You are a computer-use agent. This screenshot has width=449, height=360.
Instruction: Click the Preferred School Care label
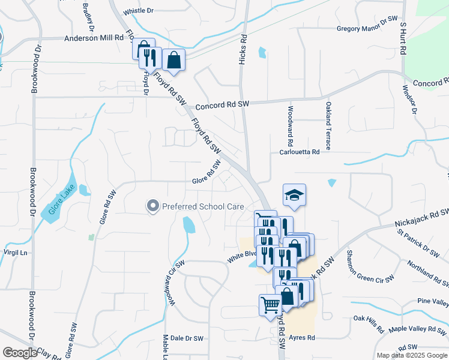point(202,206)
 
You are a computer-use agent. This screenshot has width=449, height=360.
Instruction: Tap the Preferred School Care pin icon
point(152,206)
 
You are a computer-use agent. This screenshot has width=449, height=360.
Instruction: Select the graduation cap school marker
point(294,196)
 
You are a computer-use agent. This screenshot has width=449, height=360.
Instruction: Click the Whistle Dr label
point(138,11)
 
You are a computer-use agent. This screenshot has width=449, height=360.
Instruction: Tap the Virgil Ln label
point(16,253)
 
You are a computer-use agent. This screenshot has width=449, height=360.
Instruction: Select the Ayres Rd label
point(302,338)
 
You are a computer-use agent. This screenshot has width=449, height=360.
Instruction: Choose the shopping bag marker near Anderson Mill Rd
point(173,60)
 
